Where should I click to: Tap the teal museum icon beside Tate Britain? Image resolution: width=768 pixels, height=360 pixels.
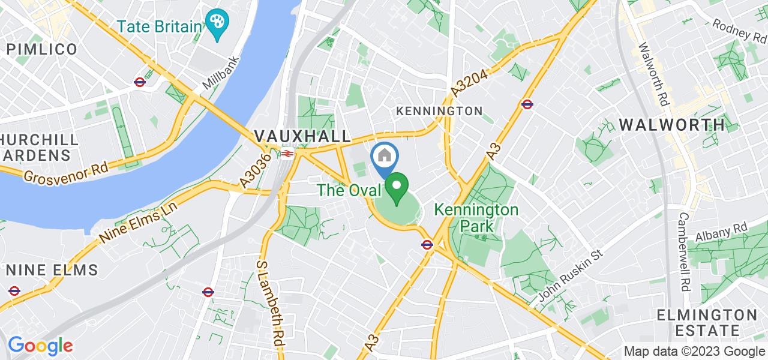pyautogui.click(x=214, y=22)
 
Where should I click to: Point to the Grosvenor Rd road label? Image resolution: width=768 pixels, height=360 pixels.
pyautogui.click(x=67, y=170)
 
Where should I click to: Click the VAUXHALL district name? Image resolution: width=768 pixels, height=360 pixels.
pyautogui.click(x=302, y=136)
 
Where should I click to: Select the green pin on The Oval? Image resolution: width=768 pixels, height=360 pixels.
pyautogui.click(x=396, y=187)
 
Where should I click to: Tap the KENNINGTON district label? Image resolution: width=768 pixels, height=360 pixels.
pyautogui.click(x=439, y=111)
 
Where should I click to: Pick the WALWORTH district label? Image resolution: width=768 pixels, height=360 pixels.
pyautogui.click(x=671, y=125)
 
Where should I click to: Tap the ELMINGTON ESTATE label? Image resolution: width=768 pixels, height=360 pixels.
pyautogui.click(x=706, y=323)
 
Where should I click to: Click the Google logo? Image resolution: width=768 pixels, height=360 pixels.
pyautogui.click(x=40, y=346)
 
